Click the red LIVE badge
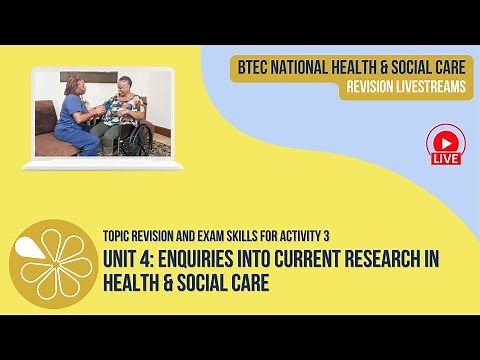[x=443, y=159]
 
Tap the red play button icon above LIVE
[x=443, y=139]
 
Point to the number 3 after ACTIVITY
[x=326, y=236]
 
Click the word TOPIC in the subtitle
[x=119, y=236]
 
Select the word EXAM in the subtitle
[x=213, y=236]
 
